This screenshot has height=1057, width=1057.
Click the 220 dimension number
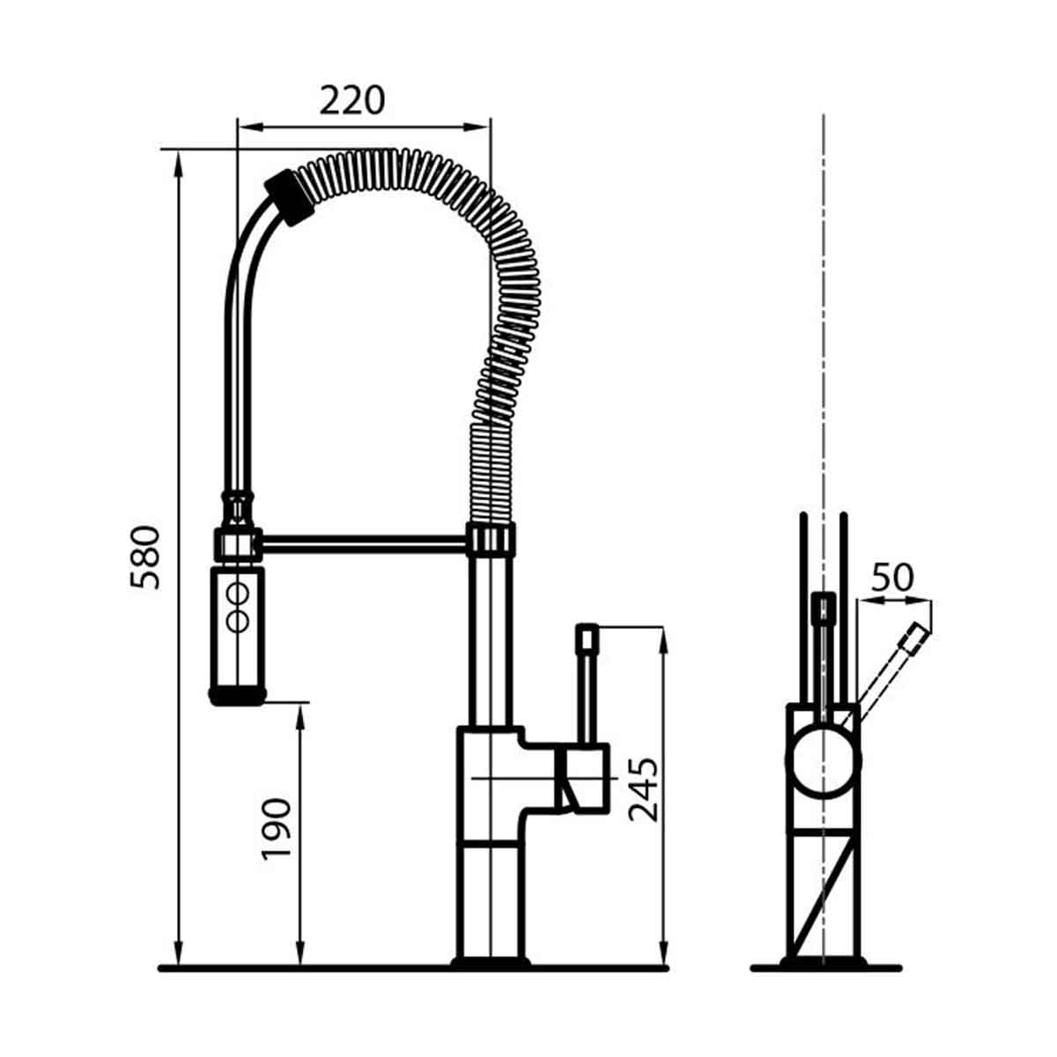pyautogui.click(x=352, y=100)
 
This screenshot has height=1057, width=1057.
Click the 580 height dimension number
pyautogui.click(x=146, y=557)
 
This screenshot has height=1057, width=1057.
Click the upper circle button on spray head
pyautogui.click(x=236, y=593)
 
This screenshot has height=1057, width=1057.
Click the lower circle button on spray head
pyautogui.click(x=236, y=619)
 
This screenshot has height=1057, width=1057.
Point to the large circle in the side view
pyautogui.click(x=823, y=762)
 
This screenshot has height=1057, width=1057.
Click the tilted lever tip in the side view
pyautogui.click(x=915, y=637)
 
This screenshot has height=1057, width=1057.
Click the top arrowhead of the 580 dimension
pyautogui.click(x=179, y=159)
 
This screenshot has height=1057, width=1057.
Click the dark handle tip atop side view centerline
pyautogui.click(x=823, y=606)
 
